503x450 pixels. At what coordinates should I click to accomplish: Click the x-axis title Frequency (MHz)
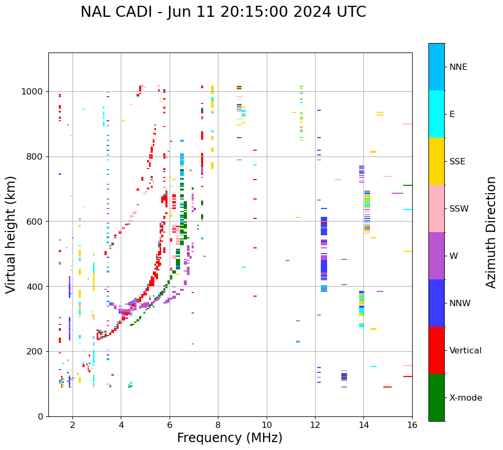coord(229,438)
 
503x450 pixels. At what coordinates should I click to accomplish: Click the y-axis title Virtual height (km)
coord(11,235)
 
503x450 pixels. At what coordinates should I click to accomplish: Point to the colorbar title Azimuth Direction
coord(491,232)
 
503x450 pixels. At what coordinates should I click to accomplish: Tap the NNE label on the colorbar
coord(458,67)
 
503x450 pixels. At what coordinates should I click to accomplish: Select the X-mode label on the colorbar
coord(465,398)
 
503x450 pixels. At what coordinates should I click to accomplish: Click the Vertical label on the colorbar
coord(465,351)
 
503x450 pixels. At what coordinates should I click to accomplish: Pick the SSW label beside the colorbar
coord(458,209)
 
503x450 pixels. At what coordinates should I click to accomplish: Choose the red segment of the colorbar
coord(436,350)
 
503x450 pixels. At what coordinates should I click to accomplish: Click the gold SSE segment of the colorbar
coord(436,161)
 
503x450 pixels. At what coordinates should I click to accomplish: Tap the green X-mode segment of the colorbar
coord(436,397)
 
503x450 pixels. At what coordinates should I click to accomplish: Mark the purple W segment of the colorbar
coord(436,256)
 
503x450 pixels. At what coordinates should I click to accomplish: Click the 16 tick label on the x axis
coord(412,425)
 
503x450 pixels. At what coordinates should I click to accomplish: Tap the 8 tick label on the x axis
coord(218,425)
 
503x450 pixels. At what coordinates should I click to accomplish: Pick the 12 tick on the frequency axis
coord(315,425)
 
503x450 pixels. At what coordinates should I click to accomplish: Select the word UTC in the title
coord(350,12)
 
